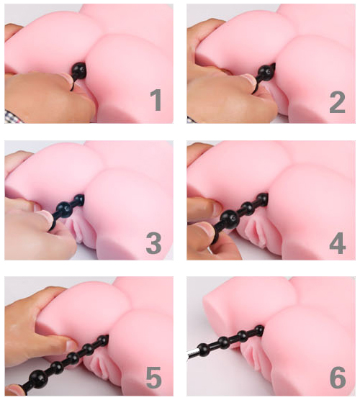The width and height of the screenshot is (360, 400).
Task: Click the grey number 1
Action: coord(156,100)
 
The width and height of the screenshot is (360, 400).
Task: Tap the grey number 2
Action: coord(337,103)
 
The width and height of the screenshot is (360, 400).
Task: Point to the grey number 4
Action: coord(338,243)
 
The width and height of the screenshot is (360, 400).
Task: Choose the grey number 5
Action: coord(154,377)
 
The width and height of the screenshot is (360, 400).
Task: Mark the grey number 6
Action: coord(338,378)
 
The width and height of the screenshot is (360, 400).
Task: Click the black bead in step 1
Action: coord(79,69)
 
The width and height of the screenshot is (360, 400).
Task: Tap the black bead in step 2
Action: coord(266,71)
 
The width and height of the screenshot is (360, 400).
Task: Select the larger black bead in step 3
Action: coord(63,208)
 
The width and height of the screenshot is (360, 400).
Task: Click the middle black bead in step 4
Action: coord(247,207)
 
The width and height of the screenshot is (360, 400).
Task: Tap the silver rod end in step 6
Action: coord(192,353)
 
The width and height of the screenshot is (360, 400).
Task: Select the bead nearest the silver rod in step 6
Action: coord(204,348)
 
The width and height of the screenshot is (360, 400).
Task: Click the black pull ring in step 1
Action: coord(73,83)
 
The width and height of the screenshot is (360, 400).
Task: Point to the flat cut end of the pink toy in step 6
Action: coord(212,305)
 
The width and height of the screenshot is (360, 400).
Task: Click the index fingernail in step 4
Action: coord(213,227)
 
